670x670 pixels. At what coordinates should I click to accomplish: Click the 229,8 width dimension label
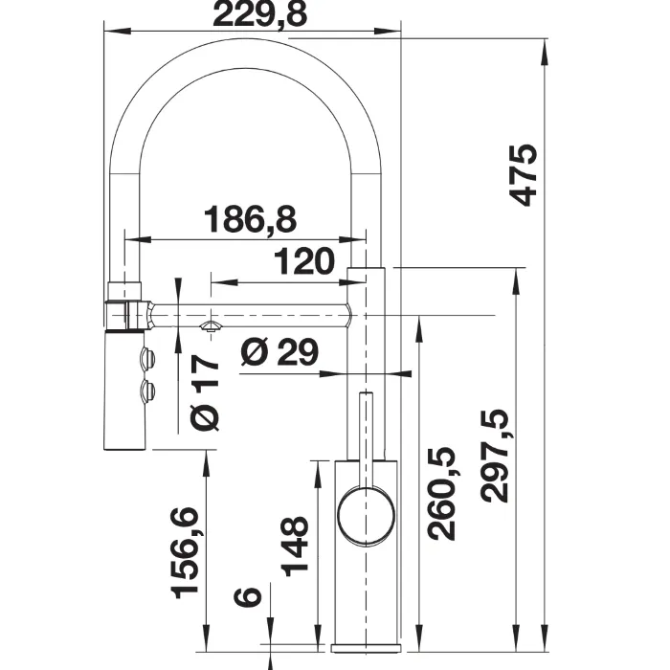pyautogui.click(x=259, y=13)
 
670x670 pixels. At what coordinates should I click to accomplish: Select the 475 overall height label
pyautogui.click(x=523, y=175)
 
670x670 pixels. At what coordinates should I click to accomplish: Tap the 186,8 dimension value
pyautogui.click(x=251, y=219)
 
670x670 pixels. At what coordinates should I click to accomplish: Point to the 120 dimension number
pyautogui.click(x=303, y=260)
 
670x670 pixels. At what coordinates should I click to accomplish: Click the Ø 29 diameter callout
pyautogui.click(x=279, y=352)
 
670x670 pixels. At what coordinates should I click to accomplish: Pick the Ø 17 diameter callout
pyautogui.click(x=205, y=391)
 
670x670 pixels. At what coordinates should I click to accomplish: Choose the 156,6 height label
pyautogui.click(x=185, y=553)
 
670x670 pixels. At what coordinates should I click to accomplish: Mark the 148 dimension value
pyautogui.click(x=295, y=547)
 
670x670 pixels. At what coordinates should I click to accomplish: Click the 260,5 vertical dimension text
pyautogui.click(x=442, y=494)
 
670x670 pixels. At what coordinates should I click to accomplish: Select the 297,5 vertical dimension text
pyautogui.click(x=495, y=456)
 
